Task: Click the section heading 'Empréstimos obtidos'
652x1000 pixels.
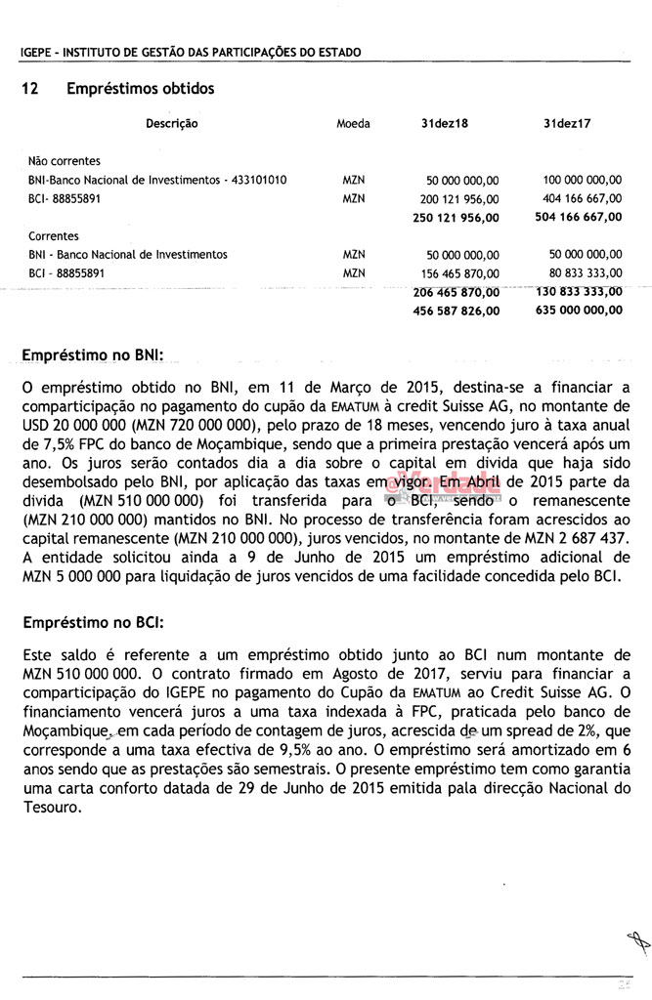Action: [x=140, y=89]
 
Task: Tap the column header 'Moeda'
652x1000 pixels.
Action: [x=353, y=124]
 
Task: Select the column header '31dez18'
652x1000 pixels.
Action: [x=444, y=124]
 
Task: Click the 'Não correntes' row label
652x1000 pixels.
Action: [x=65, y=161]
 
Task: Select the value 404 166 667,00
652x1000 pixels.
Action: [x=582, y=198]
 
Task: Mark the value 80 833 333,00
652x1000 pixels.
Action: [x=586, y=272]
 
